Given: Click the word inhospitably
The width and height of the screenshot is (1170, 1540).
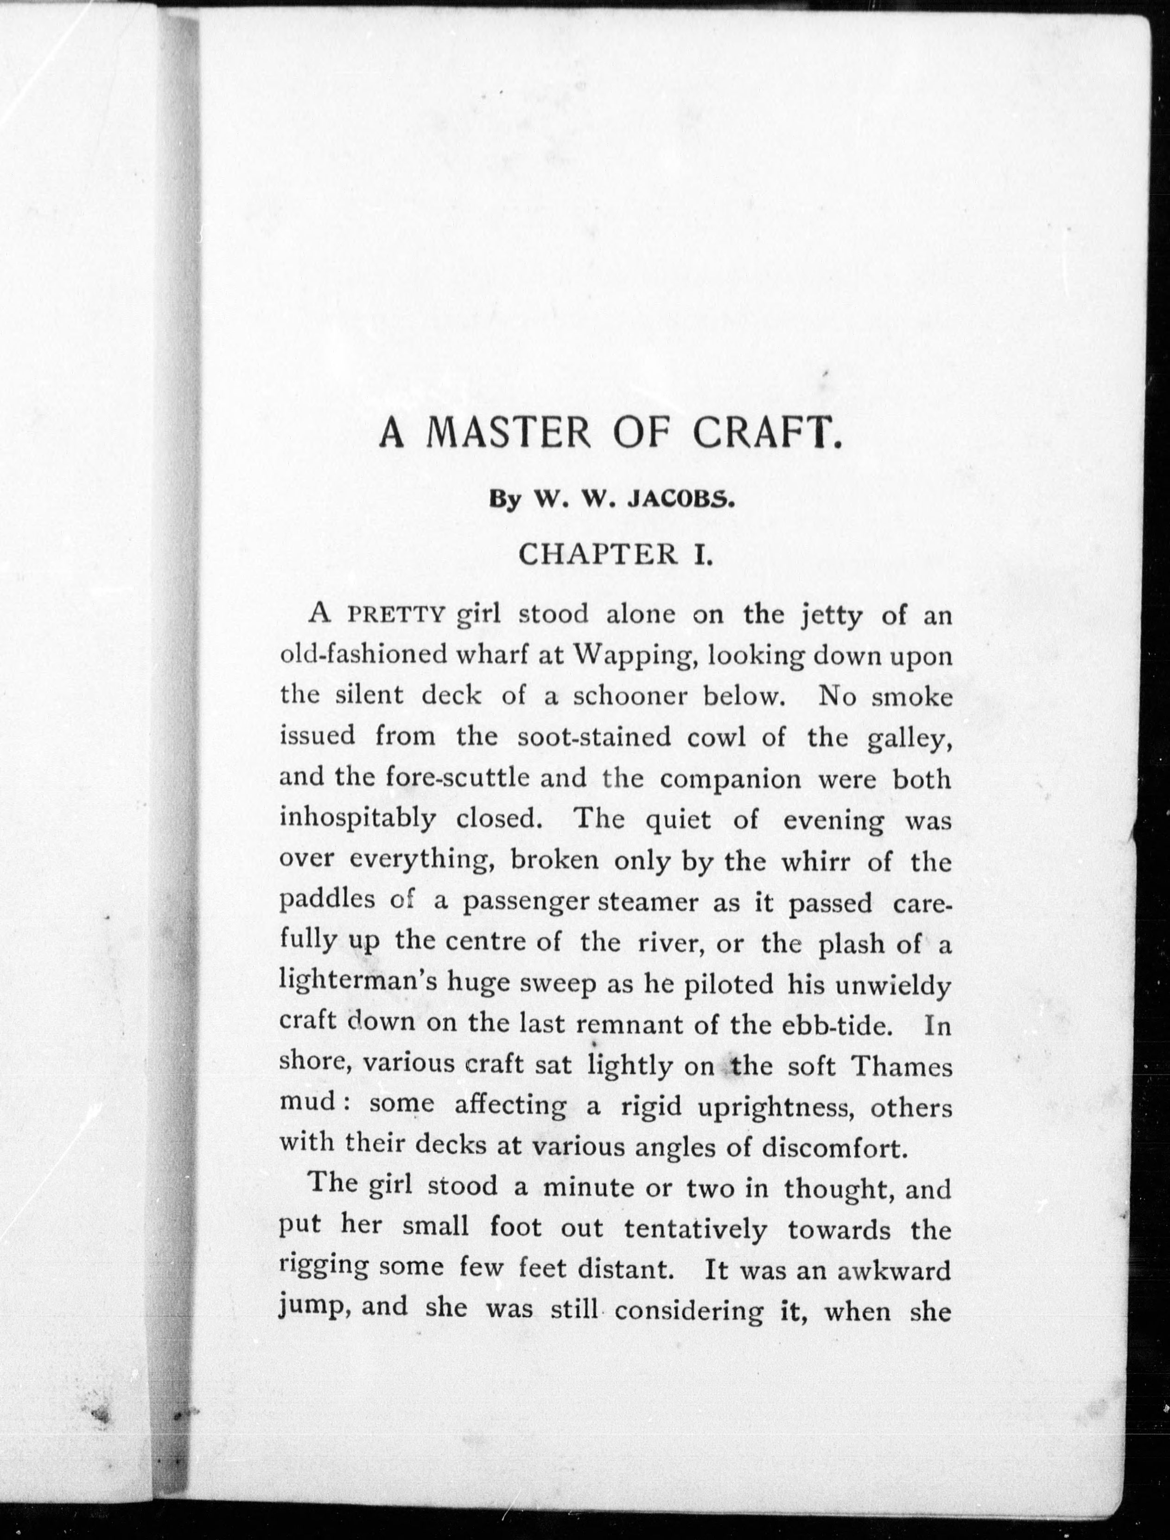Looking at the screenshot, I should click(357, 820).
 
